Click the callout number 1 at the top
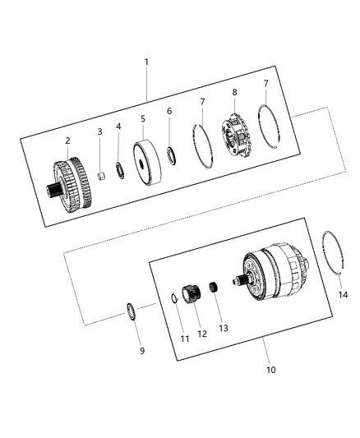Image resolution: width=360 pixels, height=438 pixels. pyautogui.click(x=147, y=62)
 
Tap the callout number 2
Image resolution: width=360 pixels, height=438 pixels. pyautogui.click(x=68, y=141)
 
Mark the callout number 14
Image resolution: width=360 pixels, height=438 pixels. pyautogui.click(x=343, y=293)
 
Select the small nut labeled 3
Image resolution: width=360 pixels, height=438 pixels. pyautogui.click(x=100, y=175)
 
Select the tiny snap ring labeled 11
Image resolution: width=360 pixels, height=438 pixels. pyautogui.click(x=174, y=298)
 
